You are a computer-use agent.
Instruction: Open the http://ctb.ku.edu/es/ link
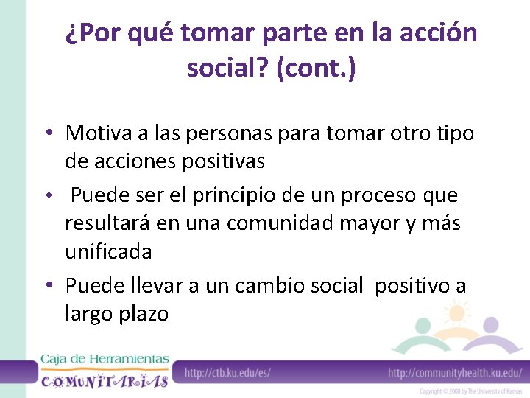point(227,373)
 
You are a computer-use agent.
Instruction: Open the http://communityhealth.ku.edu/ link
point(455,373)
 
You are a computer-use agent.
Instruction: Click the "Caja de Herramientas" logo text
point(105,359)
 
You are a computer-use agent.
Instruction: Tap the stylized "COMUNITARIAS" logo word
point(105,380)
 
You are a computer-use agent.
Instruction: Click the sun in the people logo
point(456,313)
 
